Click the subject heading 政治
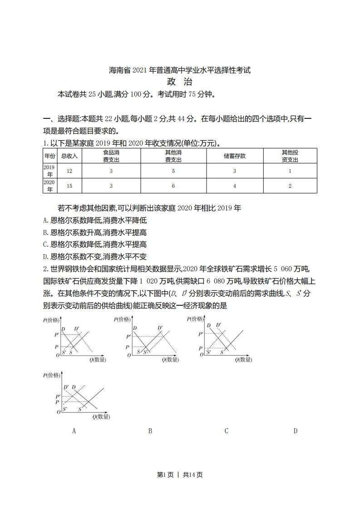[180, 82]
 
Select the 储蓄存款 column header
[234, 156]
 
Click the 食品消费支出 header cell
[111, 156]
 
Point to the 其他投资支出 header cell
[290, 156]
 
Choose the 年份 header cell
[49, 156]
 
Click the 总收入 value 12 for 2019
[69, 171]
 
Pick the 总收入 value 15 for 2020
[69, 186]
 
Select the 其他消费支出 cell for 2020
[173, 186]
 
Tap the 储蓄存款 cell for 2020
[234, 186]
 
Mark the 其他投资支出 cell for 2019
[290, 171]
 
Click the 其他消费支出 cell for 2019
[173, 171]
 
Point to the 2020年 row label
[49, 186]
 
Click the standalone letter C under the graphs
[226, 431]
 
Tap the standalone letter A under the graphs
[74, 431]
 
